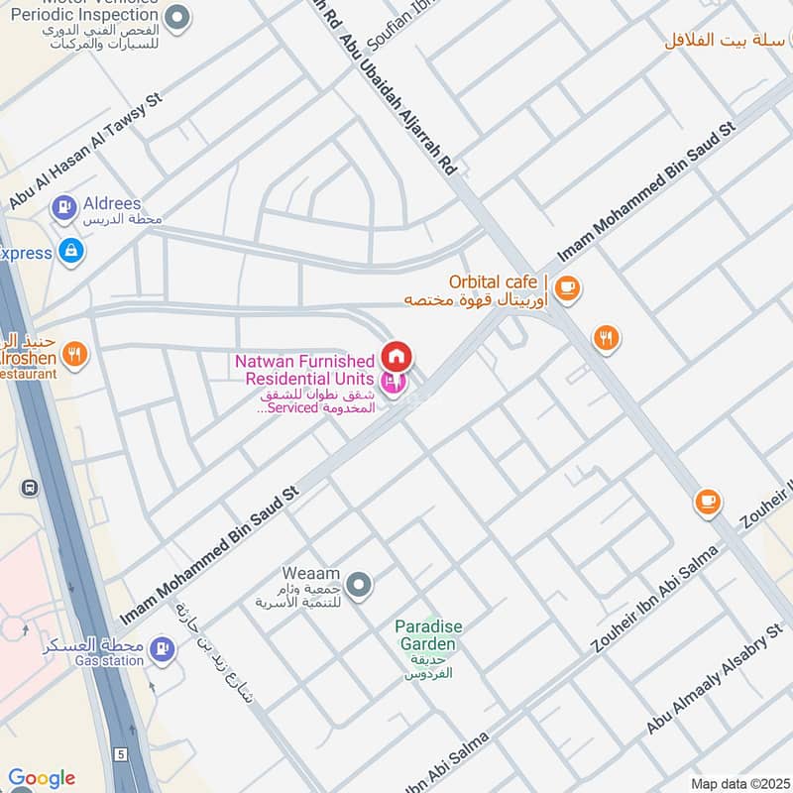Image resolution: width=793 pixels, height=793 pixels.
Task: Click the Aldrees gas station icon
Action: tap(64, 207)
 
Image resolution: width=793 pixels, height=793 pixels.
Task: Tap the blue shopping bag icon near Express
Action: tap(70, 252)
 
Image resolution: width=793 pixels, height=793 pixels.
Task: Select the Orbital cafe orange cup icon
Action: tap(566, 288)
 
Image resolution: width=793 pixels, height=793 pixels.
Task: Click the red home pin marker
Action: tap(396, 356)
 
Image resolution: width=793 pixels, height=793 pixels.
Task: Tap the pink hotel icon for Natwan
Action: tap(393, 381)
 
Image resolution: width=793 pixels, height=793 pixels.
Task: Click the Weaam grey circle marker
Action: tap(361, 585)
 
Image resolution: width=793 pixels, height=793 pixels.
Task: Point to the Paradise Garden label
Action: tap(428, 634)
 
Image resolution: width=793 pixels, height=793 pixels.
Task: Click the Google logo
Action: tap(42, 778)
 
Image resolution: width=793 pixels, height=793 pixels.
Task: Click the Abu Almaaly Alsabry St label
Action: tap(715, 679)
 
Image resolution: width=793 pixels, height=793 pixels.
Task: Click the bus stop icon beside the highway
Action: tap(31, 488)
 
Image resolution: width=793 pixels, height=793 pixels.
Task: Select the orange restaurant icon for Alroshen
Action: tap(73, 352)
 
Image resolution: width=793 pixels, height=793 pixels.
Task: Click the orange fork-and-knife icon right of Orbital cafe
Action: tap(607, 339)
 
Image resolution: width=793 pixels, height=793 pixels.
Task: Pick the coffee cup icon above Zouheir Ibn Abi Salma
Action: tap(707, 502)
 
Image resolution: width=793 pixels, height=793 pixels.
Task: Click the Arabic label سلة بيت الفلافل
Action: tap(726, 40)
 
